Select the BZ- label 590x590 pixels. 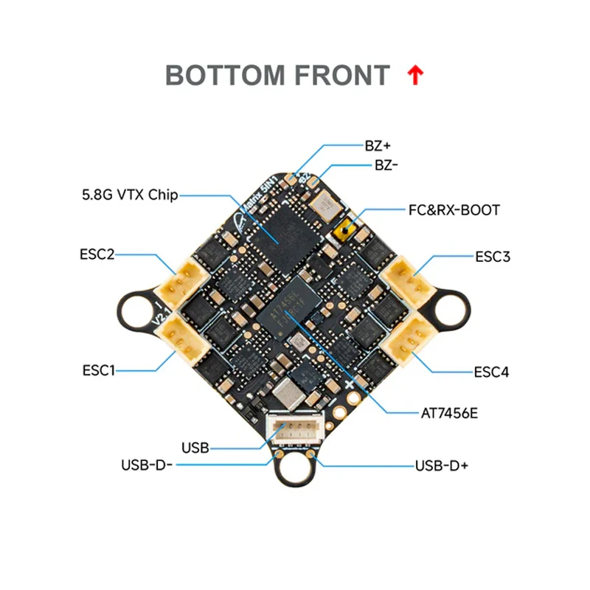[386, 165]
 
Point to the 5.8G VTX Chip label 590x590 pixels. [130, 195]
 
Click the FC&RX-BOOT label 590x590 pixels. [454, 210]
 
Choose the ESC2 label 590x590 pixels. [97, 254]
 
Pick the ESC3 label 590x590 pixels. [493, 257]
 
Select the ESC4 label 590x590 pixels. [492, 372]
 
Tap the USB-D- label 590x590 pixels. [146, 465]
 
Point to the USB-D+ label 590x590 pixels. [442, 465]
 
